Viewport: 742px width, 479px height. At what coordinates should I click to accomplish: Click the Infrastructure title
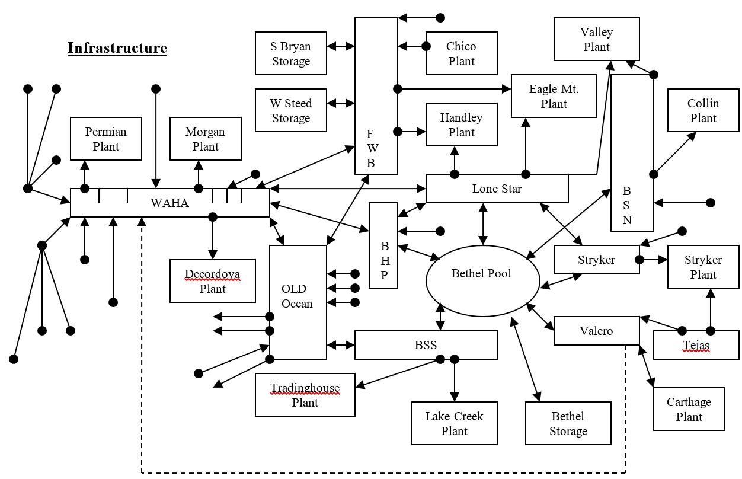(117, 48)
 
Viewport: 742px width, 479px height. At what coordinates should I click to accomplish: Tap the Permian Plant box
(106, 139)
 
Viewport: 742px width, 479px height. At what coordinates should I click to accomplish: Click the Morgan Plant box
(205, 139)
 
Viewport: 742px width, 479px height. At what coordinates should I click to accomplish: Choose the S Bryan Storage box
(290, 53)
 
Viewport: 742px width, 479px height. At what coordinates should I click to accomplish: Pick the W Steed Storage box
(290, 110)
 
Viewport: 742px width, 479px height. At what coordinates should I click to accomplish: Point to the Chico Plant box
(461, 53)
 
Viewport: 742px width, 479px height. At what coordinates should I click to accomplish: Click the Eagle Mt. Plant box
(554, 96)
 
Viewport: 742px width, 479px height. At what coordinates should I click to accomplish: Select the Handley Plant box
(461, 124)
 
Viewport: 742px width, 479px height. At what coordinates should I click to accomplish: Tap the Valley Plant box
(596, 39)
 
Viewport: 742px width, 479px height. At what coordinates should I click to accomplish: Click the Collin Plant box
(703, 110)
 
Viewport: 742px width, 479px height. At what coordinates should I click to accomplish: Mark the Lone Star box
(497, 189)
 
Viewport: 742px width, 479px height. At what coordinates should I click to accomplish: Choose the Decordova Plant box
(212, 281)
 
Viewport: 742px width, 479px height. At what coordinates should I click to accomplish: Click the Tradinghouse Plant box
(305, 395)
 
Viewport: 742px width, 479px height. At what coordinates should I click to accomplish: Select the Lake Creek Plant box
(454, 423)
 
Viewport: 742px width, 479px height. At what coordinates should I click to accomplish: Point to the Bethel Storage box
(568, 423)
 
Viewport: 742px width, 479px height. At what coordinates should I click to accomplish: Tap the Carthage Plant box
(689, 409)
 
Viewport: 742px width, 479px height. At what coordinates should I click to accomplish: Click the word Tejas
(696, 346)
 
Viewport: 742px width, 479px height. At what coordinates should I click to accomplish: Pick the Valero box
(596, 331)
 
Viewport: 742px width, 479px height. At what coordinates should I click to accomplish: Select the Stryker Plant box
(703, 267)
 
